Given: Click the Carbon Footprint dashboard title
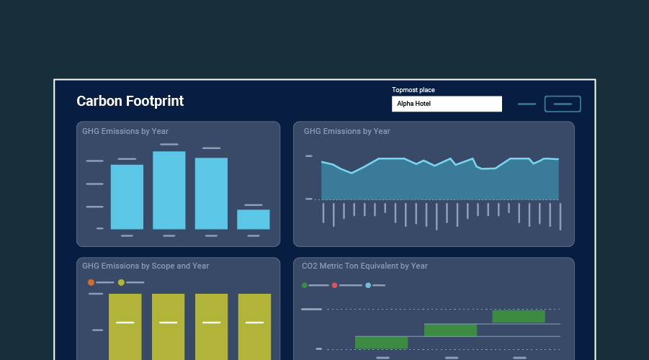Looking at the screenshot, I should (130, 102).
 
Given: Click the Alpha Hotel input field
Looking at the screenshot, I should (447, 104).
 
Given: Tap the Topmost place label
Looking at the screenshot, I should (413, 90).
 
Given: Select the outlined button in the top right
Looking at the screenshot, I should (563, 104).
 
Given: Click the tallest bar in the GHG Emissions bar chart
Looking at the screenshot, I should (169, 190).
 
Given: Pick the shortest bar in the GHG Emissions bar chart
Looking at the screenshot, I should (254, 220).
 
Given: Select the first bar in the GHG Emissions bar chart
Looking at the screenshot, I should (127, 197).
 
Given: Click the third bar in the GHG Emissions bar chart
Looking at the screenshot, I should (211, 194).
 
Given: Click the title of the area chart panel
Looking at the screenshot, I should (346, 131).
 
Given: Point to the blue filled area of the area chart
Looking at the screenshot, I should (439, 184).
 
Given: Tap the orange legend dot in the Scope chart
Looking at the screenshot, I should (91, 282).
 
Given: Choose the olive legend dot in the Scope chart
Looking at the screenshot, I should (121, 282).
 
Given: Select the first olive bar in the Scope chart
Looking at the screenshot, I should (125, 328).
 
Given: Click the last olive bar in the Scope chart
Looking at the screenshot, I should (254, 328).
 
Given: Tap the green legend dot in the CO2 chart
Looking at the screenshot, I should (305, 285).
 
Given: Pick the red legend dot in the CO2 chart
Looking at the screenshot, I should (334, 285).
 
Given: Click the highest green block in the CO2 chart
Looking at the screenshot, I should (519, 317).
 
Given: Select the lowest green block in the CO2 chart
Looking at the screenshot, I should (381, 343).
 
